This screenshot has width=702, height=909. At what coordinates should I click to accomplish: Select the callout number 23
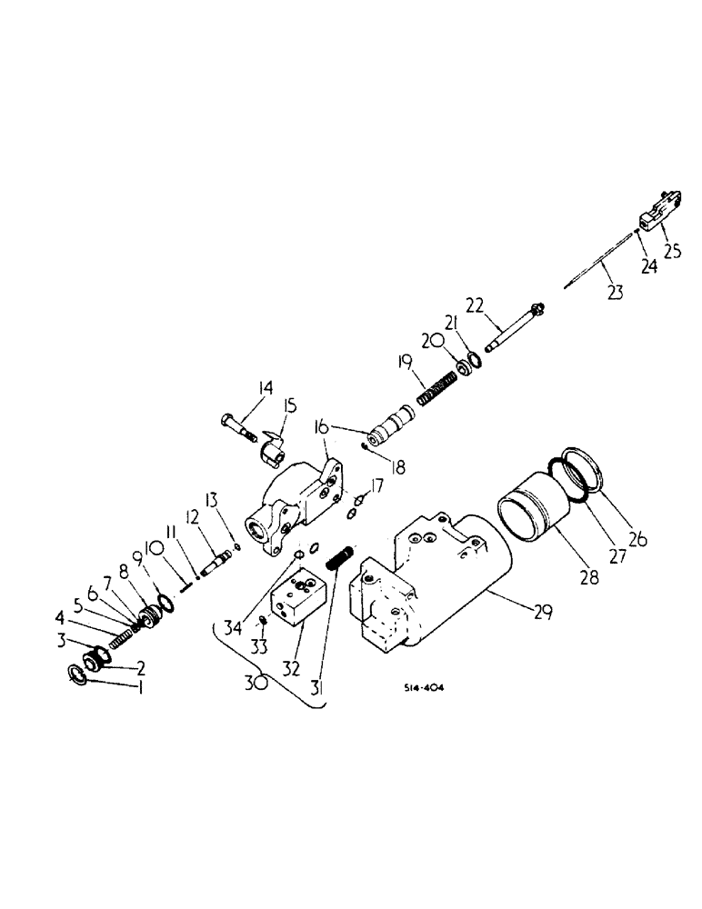tap(616, 293)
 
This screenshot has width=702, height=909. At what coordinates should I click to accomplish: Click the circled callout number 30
tap(259, 682)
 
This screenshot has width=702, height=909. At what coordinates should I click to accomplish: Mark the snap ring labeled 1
tap(80, 676)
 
